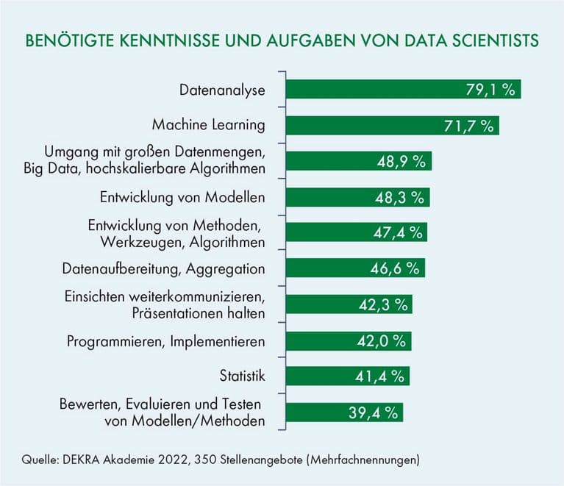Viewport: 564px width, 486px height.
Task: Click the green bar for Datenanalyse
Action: [x=403, y=90]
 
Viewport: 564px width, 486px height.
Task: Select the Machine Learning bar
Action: [x=392, y=125]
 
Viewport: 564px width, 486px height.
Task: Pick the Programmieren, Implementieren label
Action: [x=165, y=341]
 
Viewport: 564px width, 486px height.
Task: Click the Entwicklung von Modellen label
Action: [x=182, y=197]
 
